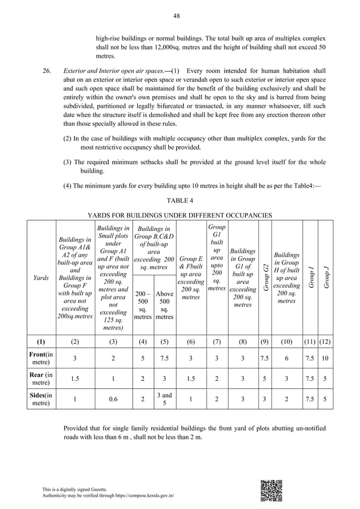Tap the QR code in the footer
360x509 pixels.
pos(271,490)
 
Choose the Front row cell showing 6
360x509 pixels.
pos(287,357)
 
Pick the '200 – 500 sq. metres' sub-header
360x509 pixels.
pos(143,305)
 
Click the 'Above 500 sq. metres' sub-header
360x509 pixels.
pos(165,305)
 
